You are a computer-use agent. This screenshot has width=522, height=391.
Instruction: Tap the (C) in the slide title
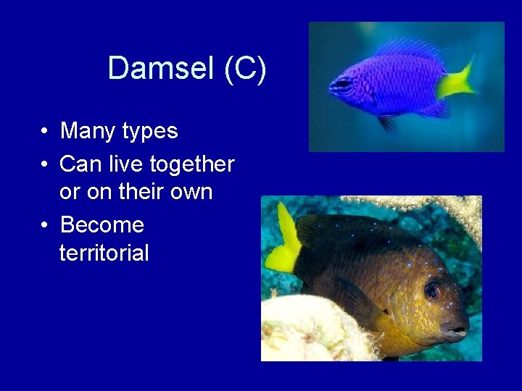tap(245, 69)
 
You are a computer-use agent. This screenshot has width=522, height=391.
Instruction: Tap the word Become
tap(102, 225)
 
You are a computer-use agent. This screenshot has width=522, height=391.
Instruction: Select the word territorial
tap(104, 253)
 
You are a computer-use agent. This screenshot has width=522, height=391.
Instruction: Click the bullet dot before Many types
tap(45, 132)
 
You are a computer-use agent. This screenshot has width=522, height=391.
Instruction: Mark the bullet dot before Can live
tap(45, 165)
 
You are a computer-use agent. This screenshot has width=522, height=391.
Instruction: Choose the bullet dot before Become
tap(45, 226)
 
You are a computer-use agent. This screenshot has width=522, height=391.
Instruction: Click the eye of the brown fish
tap(432, 292)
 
